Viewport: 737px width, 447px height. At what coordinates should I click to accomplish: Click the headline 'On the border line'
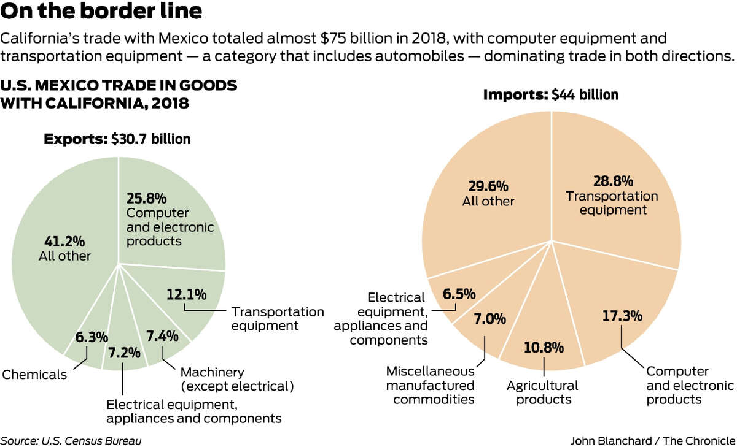[x=102, y=12]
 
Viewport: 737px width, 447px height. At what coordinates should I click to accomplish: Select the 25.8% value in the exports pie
[x=147, y=199]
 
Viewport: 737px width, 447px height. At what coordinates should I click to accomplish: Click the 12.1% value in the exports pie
[x=186, y=295]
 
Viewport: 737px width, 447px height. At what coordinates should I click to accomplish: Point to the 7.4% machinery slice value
[x=162, y=335]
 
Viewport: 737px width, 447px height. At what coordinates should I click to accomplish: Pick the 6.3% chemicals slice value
[x=92, y=337]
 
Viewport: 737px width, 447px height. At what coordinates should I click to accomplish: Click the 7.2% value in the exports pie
[x=124, y=353]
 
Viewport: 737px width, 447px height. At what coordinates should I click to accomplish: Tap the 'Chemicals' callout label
[x=34, y=375]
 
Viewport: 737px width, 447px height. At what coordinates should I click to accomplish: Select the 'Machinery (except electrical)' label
[x=236, y=379]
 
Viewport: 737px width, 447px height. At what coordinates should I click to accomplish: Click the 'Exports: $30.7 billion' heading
[x=117, y=139]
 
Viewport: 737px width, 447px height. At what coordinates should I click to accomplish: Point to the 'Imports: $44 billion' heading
[x=550, y=95]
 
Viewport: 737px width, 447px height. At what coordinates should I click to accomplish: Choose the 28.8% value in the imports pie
[x=613, y=181]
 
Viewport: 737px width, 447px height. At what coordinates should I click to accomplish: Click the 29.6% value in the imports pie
[x=489, y=185]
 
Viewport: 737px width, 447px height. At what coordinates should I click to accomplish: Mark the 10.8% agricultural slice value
[x=544, y=348]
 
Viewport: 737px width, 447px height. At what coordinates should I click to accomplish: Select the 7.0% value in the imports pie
[x=489, y=319]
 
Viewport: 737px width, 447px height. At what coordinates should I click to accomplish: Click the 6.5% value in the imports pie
[x=459, y=294]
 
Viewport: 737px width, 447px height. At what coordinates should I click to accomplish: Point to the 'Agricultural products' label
[x=542, y=392]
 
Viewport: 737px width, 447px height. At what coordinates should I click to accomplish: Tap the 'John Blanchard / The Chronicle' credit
[x=653, y=440]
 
